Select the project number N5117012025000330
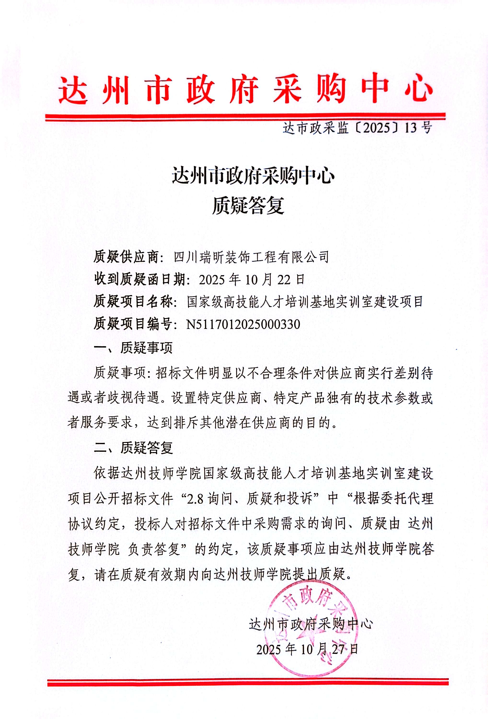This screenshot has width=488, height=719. (x=243, y=324)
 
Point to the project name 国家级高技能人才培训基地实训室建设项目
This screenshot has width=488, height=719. (x=305, y=302)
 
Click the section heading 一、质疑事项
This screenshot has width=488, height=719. (x=133, y=348)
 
